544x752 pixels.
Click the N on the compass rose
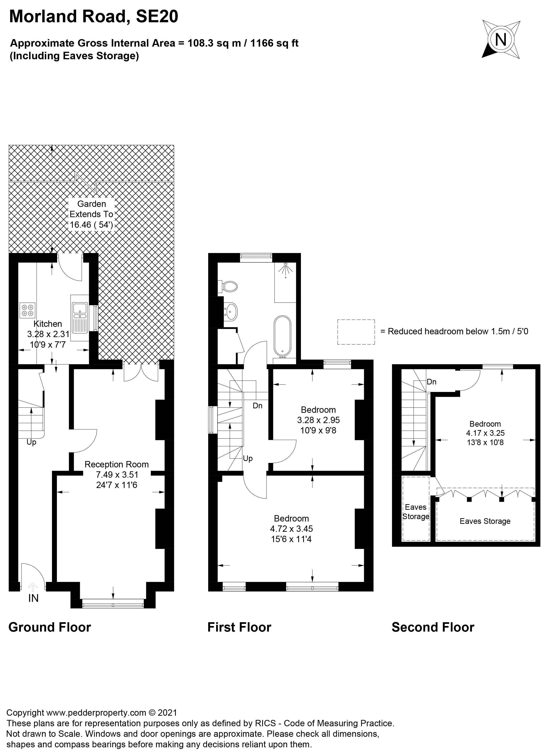[501, 40]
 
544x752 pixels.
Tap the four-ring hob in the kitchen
[27, 310]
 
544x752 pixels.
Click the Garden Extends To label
[92, 209]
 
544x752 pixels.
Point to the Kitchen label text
[48, 324]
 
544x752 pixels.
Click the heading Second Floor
[433, 627]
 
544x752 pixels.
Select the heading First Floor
[239, 627]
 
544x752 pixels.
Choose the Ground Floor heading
[50, 627]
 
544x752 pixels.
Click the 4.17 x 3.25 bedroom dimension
[485, 433]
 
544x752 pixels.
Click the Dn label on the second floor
[431, 382]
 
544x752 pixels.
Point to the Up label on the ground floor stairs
[31, 442]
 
